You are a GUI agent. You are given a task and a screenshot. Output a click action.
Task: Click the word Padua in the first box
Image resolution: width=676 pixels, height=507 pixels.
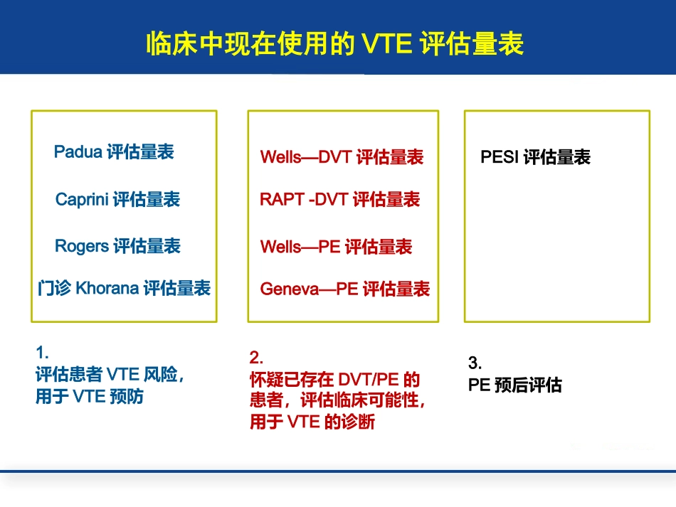pos(78,152)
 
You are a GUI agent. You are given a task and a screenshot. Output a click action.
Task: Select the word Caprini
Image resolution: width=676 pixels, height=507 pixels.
pos(83,200)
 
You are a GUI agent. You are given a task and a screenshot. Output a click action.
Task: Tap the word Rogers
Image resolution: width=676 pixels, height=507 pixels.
pos(82,246)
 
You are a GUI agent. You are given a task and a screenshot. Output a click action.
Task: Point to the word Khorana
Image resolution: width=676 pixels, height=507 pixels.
pos(107,289)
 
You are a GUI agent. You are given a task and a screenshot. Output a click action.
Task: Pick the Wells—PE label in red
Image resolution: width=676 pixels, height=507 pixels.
pos(300,247)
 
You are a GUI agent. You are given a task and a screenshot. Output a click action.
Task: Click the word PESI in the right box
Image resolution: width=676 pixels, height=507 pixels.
pos(500,157)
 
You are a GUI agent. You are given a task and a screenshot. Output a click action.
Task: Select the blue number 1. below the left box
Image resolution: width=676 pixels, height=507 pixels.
pos(41,351)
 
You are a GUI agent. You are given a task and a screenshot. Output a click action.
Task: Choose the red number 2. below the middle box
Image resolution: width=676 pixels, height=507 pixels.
pos(255,356)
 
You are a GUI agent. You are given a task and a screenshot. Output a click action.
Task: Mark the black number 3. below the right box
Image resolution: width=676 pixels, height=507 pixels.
pos(474,363)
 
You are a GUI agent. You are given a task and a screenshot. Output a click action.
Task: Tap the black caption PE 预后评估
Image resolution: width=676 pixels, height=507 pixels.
pos(514,385)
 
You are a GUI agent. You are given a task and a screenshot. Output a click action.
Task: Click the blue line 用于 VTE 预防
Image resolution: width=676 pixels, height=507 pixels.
pos(90,397)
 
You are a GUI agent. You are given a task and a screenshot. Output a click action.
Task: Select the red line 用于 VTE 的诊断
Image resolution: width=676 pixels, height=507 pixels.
pos(312,422)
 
